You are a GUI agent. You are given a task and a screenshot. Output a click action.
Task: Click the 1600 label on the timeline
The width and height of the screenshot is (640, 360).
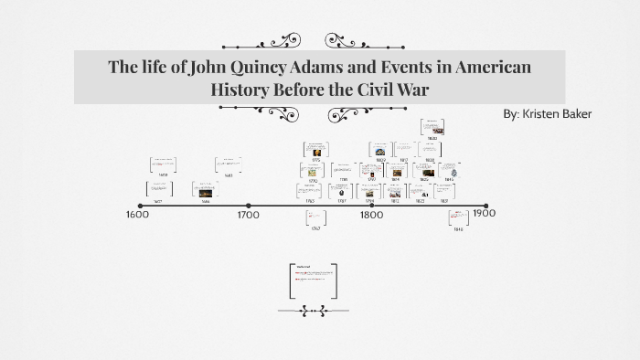tap(137, 215)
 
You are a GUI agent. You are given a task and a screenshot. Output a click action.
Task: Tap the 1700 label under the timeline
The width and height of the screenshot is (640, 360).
tap(248, 215)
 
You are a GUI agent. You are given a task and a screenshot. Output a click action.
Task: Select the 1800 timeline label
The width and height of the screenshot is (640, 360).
tap(370, 215)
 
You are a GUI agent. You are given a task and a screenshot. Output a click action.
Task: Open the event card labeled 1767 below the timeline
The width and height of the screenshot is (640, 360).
tap(316, 217)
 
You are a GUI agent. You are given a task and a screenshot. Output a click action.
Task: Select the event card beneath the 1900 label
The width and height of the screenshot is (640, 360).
tap(458, 217)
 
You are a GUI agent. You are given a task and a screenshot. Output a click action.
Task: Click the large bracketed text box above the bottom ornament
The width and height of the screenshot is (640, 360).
tap(313, 281)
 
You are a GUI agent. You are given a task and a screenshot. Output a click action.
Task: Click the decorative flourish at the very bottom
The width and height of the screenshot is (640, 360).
tap(314, 312)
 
